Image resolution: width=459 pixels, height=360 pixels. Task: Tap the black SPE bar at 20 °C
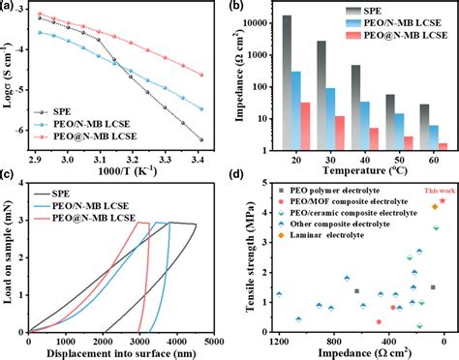[x=286, y=82]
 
